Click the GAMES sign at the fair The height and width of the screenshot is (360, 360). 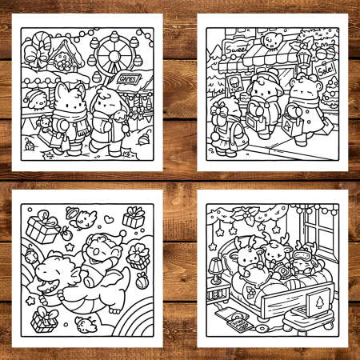(127, 79)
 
